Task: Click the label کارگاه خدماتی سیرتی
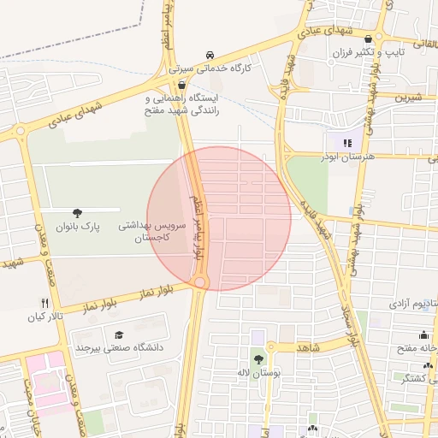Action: click(210, 67)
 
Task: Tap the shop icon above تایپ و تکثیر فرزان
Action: click(369, 39)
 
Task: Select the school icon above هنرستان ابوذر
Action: click(346, 144)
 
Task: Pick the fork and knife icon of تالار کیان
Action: click(44, 303)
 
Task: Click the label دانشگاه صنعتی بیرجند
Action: click(118, 347)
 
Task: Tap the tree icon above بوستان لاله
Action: click(258, 360)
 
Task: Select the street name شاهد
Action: click(308, 347)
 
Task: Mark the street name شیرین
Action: click(409, 98)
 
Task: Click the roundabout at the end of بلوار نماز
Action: click(200, 281)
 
